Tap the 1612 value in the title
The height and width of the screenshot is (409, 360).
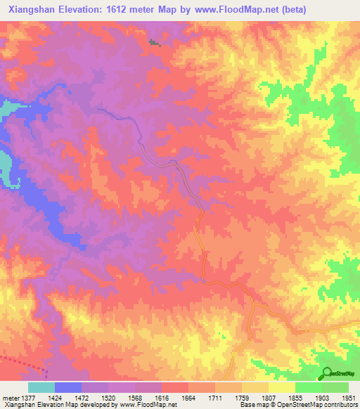[120, 10]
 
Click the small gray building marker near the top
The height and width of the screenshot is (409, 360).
[154, 44]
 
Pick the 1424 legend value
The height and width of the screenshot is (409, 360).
[55, 397]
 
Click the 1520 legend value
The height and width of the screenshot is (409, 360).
[108, 397]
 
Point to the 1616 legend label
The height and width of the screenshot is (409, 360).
[162, 397]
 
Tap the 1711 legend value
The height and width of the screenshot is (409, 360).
[215, 397]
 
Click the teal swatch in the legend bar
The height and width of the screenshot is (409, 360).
[41, 387]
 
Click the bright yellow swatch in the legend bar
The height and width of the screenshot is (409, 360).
[282, 387]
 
